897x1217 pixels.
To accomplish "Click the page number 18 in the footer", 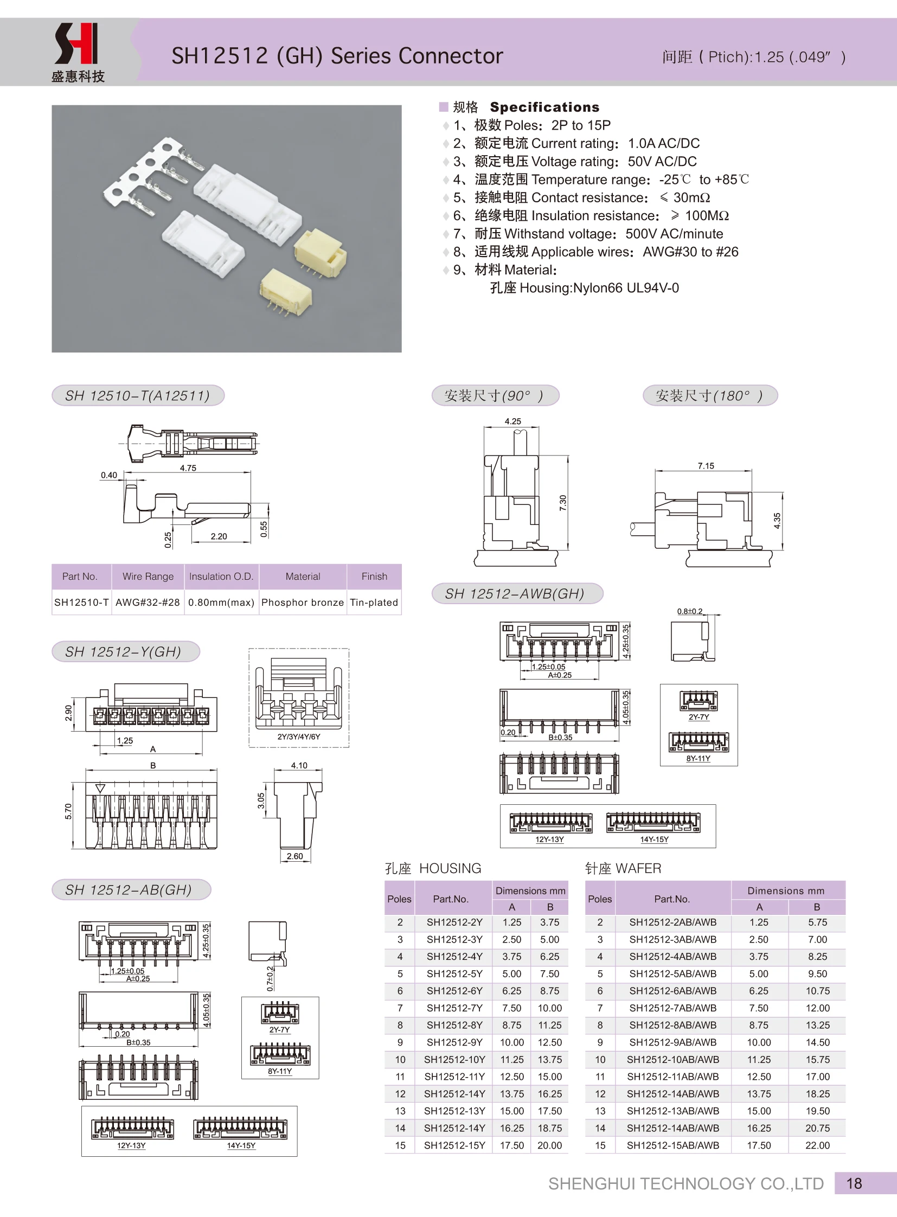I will click(x=854, y=1183).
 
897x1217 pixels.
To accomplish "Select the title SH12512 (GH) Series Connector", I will click(x=337, y=56).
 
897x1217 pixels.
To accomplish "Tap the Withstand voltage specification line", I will click(x=588, y=234).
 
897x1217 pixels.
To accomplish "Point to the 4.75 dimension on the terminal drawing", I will click(x=188, y=468).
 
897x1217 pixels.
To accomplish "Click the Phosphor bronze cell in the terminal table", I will click(x=303, y=602).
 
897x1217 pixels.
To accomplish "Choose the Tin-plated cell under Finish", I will click(x=374, y=602).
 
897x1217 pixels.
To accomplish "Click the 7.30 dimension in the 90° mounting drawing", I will click(x=563, y=503).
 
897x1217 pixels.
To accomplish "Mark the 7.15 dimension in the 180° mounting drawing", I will click(x=706, y=466).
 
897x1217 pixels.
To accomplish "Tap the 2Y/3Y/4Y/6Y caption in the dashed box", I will click(x=299, y=737).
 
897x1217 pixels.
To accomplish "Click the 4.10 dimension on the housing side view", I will click(x=299, y=766).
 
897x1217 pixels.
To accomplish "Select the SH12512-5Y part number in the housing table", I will click(x=454, y=973).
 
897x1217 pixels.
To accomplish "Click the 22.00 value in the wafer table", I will click(x=817, y=1145).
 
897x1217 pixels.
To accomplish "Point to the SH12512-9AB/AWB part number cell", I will click(x=672, y=1042).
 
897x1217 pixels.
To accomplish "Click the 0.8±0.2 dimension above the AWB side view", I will click(x=689, y=612).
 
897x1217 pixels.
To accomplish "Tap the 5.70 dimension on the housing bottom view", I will click(x=68, y=811).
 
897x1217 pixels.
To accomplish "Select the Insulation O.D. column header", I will click(x=221, y=576).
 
